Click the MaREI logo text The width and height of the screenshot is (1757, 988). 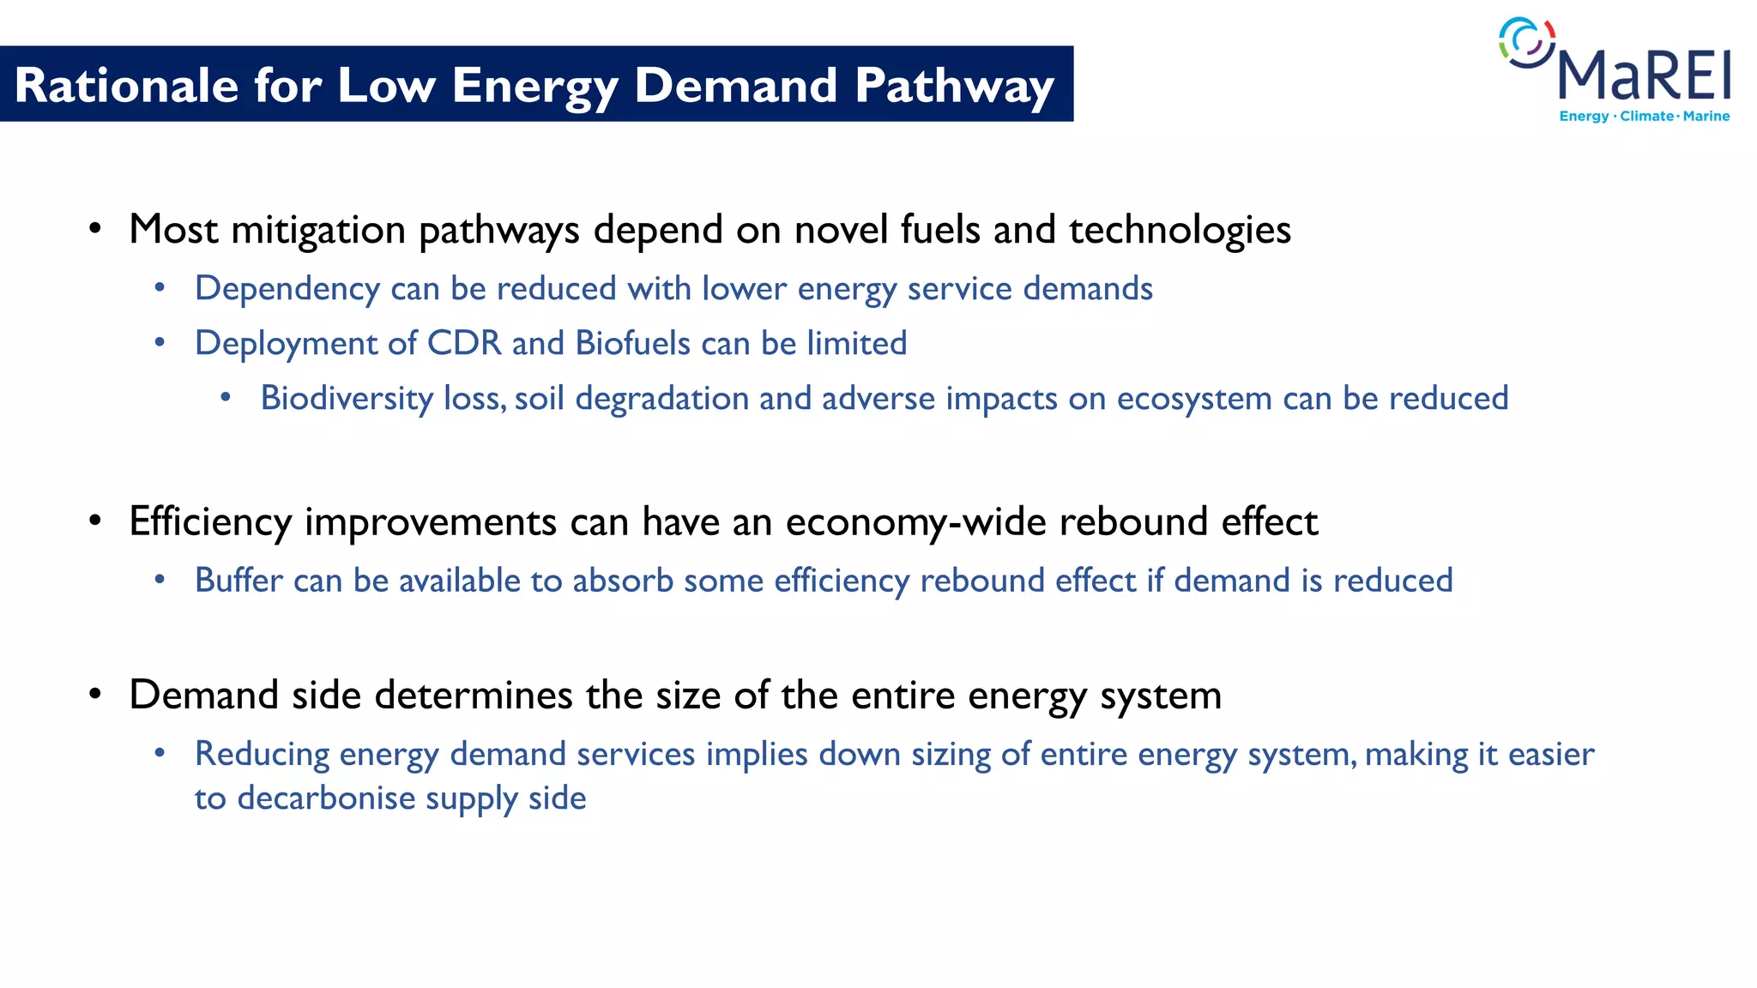[x=1644, y=75]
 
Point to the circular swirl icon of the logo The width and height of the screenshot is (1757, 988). [x=1526, y=42]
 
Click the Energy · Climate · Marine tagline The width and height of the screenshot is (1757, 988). [x=1644, y=116]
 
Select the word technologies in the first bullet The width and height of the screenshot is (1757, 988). [x=1180, y=230]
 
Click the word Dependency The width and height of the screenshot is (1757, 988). [x=287, y=289]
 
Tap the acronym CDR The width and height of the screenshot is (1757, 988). [x=464, y=343]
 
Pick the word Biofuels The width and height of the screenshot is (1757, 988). [x=632, y=343]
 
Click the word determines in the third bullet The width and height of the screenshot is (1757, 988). [x=474, y=695]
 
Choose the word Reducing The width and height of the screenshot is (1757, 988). [x=262, y=754]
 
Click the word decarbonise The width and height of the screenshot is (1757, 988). [x=327, y=798]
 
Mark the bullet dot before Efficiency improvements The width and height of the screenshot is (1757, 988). [x=95, y=521]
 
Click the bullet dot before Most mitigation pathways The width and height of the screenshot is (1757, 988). [x=95, y=229]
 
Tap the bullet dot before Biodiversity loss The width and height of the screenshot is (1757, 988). [x=226, y=397]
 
